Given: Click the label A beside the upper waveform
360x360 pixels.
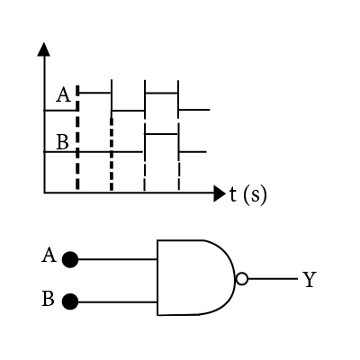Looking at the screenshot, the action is point(64,94).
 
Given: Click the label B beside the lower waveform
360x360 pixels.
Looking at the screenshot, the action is point(62,142).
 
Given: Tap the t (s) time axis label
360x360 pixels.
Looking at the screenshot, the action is point(247,194).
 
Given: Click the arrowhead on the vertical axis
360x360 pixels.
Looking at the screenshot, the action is point(44,49).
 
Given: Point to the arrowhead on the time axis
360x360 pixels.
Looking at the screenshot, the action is point(220,193).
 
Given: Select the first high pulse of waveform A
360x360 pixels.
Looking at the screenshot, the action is point(94,93).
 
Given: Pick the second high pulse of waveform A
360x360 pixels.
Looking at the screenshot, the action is point(161,94).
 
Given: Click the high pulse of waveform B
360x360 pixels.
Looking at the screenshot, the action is point(161,134).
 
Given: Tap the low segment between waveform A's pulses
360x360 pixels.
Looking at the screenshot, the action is point(128,111).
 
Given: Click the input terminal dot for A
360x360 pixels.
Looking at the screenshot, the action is point(70,259).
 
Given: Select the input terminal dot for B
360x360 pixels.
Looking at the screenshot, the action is point(70,301).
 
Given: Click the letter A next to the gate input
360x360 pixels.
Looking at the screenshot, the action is point(49,256).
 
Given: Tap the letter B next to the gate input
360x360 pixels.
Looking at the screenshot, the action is point(48,299).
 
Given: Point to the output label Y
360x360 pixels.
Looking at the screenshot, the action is point(310,280).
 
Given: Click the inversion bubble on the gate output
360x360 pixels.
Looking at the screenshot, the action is point(242,279).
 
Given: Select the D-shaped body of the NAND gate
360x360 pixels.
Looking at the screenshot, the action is point(196,277).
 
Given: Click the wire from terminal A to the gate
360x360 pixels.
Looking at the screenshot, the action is point(117,259).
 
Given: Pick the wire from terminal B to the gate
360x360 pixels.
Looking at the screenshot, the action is point(117,301).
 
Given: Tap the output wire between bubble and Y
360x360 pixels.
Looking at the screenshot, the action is point(273,279).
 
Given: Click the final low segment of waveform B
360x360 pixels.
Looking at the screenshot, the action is point(193,152).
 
